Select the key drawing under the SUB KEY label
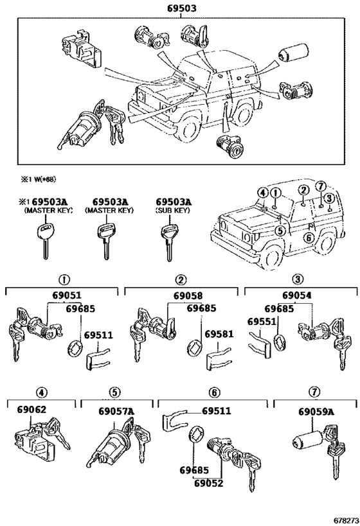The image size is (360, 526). pyautogui.click(x=168, y=239)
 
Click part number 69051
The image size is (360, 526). pyautogui.click(x=62, y=295)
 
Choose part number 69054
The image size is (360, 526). pyautogui.click(x=299, y=295)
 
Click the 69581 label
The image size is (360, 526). pyautogui.click(x=219, y=335)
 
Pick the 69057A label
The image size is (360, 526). pyautogui.click(x=116, y=410)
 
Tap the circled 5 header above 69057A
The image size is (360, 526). pyautogui.click(x=114, y=392)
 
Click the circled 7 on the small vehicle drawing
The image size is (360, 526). pyautogui.click(x=322, y=186)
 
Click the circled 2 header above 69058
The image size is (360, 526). pyautogui.click(x=182, y=279)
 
